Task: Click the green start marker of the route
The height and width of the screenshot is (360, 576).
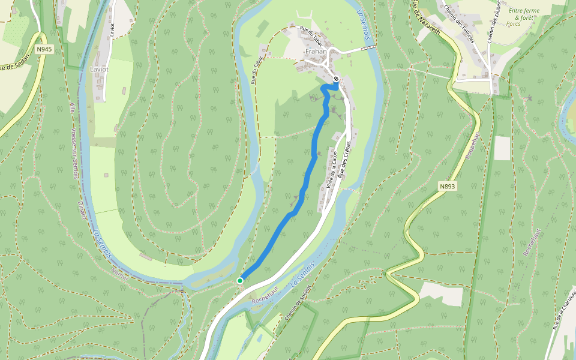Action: (240, 280)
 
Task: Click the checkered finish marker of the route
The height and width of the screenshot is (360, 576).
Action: (337, 79)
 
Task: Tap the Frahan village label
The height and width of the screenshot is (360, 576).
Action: (316, 52)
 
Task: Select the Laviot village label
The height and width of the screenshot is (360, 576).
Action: (99, 69)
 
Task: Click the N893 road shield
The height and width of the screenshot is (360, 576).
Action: (447, 187)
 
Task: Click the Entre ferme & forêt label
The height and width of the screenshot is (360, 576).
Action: (524, 14)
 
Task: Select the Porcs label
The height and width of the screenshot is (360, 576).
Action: (513, 25)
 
